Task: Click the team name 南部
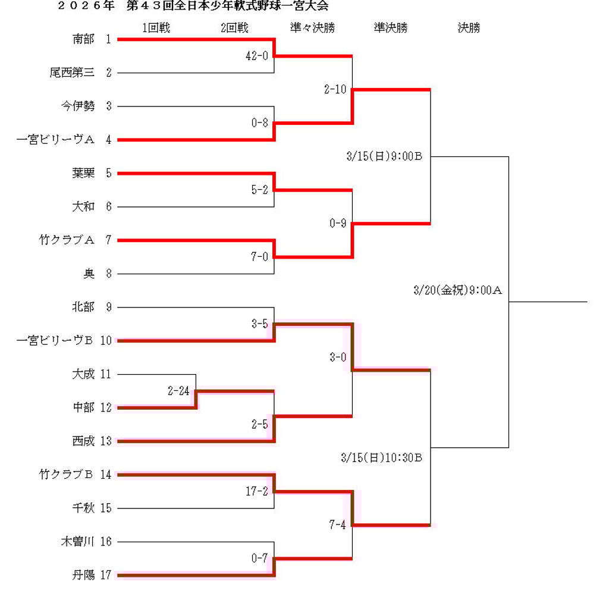[x=83, y=39]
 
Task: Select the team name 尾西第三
[x=72, y=73]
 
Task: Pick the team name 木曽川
[x=77, y=542]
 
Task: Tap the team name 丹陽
[x=83, y=575]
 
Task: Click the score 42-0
[x=257, y=56]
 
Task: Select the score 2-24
[x=178, y=391]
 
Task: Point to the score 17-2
[x=257, y=492]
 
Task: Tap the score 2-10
[x=335, y=90]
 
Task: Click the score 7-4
[x=337, y=525]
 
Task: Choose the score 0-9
[x=337, y=224]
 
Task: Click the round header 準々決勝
[x=312, y=28]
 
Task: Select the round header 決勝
[x=469, y=28]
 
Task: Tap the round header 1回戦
[x=156, y=28]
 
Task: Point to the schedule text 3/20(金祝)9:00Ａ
[x=458, y=291]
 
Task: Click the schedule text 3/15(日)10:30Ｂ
[x=381, y=458]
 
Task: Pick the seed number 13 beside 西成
[x=106, y=441]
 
